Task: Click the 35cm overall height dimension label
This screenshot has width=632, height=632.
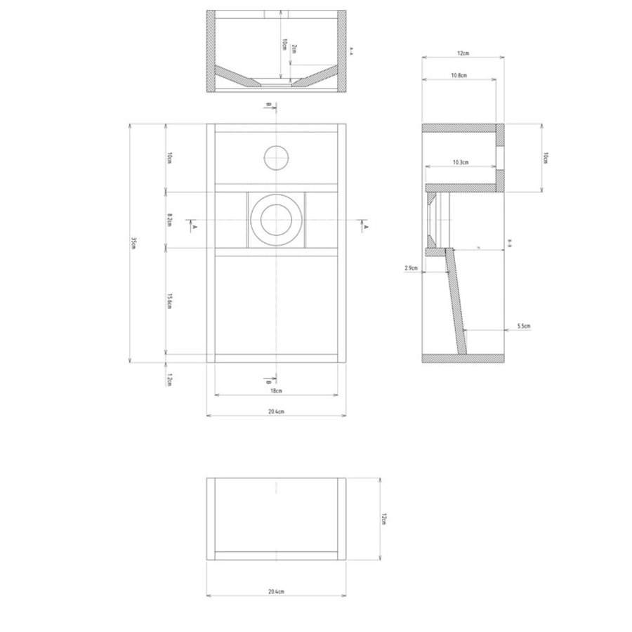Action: point(133,243)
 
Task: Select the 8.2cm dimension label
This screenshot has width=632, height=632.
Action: point(169,220)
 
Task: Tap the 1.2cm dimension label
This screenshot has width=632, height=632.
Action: point(169,380)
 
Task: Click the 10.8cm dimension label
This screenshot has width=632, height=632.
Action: point(460,74)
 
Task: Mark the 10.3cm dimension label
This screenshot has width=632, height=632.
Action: point(460,162)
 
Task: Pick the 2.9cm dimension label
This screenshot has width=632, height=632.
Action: point(412,268)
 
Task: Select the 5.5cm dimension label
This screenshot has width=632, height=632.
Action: point(522,327)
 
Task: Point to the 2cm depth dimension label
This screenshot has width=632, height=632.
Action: point(294,51)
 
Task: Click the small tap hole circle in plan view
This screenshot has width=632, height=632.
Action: point(276,157)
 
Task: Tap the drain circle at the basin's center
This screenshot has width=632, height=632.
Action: point(276,219)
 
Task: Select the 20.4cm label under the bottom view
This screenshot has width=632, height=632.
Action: point(276,593)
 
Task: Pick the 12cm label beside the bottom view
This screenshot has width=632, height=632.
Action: point(383,518)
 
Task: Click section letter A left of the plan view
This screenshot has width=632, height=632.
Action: point(193,227)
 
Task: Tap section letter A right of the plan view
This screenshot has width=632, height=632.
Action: point(365,227)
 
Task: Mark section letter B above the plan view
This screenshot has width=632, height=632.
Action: point(268,105)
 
